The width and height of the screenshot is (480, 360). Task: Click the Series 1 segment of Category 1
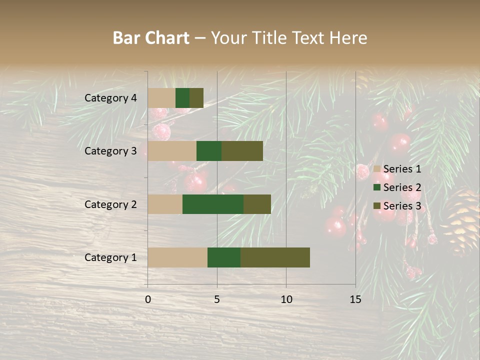pos(177,257)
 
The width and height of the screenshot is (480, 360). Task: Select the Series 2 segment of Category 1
pos(224,257)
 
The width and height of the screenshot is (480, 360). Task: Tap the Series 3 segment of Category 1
pos(275,257)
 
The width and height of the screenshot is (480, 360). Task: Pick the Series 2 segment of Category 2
pos(213,204)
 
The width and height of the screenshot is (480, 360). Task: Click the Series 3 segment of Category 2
pos(257,204)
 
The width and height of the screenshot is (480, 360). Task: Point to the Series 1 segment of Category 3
pos(172,151)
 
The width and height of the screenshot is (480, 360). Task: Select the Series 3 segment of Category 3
pos(242,151)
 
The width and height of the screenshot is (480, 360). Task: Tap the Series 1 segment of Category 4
pos(161,98)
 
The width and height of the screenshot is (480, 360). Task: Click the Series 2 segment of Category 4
pos(182,98)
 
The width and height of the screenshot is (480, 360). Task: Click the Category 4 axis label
pos(110,98)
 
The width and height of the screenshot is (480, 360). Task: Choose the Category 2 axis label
pos(110,204)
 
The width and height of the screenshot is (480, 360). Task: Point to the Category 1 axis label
pos(110,257)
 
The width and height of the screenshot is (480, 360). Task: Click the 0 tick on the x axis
pos(148,299)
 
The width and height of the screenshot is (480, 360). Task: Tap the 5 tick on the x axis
pos(217,299)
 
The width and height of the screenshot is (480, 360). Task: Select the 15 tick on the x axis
pos(355,299)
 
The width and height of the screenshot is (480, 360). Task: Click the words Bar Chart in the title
pos(151,38)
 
